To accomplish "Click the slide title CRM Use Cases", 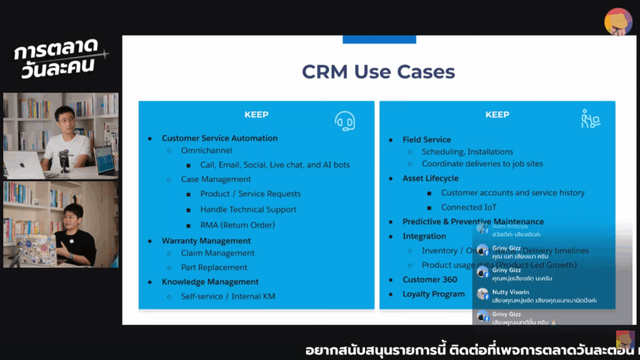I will tap(378, 71).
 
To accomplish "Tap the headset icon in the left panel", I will tap(344, 120).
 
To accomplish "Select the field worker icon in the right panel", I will tap(590, 119).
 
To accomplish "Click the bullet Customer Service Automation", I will tap(219, 138).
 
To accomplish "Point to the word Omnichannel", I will tap(206, 151).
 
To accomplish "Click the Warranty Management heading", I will tap(206, 241).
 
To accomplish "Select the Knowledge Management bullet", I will tap(210, 282).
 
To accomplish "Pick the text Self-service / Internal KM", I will tap(227, 296).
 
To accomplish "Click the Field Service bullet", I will tap(426, 139).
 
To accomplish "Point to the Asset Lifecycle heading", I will tap(430, 179).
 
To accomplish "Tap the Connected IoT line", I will tap(469, 207).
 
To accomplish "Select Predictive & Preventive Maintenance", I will tap(472, 222).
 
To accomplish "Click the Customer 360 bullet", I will tap(429, 279).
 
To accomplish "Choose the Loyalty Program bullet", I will tap(433, 294).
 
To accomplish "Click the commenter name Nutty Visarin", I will tap(511, 292).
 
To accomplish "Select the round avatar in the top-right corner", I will tap(618, 21).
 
